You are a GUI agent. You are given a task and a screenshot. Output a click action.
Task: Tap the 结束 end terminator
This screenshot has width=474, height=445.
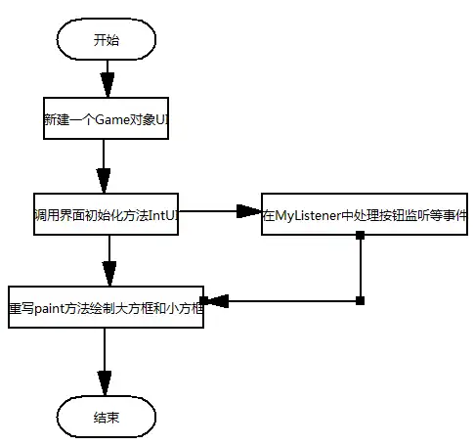107,417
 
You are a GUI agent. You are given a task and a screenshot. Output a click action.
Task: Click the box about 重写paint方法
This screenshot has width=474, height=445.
106,305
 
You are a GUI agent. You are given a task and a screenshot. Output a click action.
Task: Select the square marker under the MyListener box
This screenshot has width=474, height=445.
360,236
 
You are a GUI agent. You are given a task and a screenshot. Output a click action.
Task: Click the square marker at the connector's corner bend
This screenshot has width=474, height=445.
360,299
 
